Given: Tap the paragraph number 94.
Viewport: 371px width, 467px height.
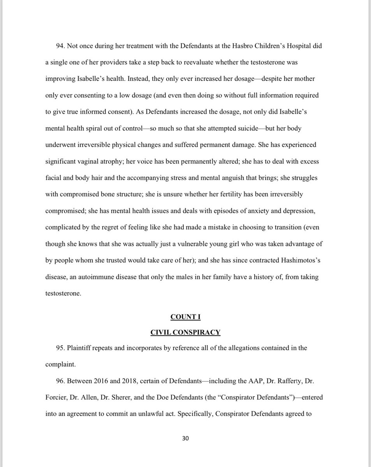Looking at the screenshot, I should [x=60, y=46].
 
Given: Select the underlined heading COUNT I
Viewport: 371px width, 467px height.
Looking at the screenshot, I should [x=185, y=316].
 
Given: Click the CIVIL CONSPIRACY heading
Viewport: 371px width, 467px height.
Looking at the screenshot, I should [x=185, y=332].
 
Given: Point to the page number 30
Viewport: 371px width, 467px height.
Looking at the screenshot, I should [x=185, y=439].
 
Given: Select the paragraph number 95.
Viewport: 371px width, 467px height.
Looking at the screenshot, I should [x=60, y=348].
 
